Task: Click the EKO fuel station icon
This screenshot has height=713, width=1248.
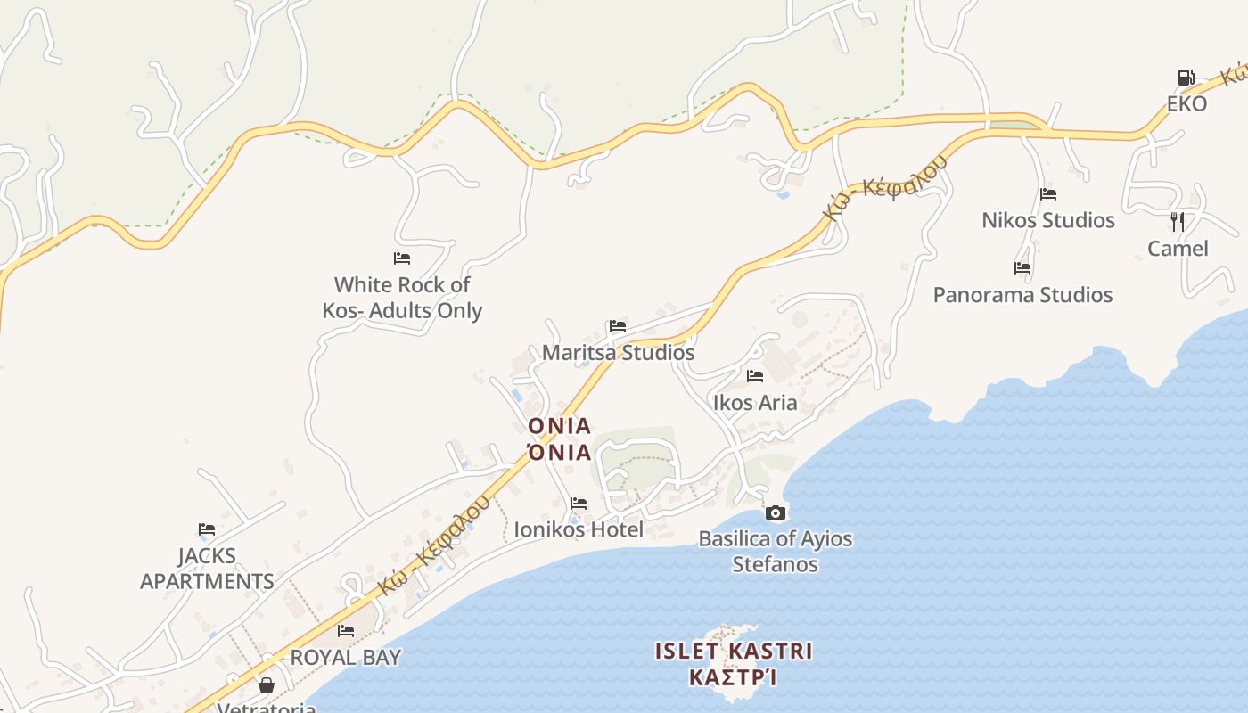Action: (1186, 78)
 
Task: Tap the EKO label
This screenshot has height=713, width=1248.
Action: (1186, 103)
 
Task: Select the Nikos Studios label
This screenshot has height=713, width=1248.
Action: (1047, 220)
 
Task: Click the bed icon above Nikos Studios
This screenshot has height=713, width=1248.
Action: (1047, 194)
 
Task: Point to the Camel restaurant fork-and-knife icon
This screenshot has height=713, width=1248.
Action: (1178, 221)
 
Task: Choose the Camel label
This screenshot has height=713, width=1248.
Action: (1178, 249)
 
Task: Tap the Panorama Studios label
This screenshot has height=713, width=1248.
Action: (1022, 295)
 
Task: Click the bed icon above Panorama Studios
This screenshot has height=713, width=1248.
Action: (1022, 267)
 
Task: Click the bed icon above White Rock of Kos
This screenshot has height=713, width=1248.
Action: (402, 258)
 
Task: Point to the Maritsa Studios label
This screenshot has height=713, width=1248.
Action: (618, 353)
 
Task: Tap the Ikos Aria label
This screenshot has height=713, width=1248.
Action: (755, 403)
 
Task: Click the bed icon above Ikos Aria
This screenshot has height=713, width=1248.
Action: (755, 376)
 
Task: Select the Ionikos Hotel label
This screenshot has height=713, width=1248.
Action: (579, 530)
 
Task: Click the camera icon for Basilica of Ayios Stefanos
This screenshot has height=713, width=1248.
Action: (776, 512)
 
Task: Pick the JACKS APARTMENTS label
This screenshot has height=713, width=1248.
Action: (207, 569)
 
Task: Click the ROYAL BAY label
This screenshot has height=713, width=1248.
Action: (346, 658)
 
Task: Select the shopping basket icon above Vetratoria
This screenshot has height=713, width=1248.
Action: (266, 685)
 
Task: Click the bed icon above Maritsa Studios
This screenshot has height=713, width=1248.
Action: (618, 326)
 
